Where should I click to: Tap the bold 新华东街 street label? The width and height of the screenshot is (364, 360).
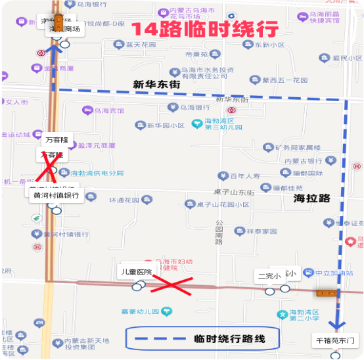(x=156, y=84)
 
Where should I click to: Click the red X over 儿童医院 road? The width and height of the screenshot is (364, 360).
(x=172, y=286)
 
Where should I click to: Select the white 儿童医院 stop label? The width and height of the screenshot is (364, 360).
(x=136, y=271)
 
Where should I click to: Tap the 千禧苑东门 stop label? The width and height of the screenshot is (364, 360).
(x=335, y=341)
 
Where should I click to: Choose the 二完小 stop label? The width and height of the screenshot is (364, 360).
(x=269, y=277)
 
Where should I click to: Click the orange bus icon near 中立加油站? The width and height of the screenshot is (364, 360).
(x=327, y=292)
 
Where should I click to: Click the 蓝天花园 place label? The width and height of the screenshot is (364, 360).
(x=141, y=45)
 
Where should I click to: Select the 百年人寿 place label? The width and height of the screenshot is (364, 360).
(x=245, y=175)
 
